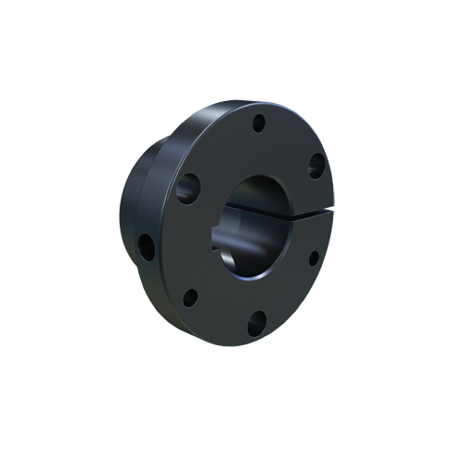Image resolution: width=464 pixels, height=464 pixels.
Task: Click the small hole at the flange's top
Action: tap(259, 122)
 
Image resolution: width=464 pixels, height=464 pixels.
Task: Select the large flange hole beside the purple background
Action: tap(316, 167)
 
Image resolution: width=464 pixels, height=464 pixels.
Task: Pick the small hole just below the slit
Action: tap(314, 258)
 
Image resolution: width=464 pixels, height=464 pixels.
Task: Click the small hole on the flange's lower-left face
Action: tap(189, 298)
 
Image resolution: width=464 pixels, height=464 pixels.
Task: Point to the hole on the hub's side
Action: tap(146, 246)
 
